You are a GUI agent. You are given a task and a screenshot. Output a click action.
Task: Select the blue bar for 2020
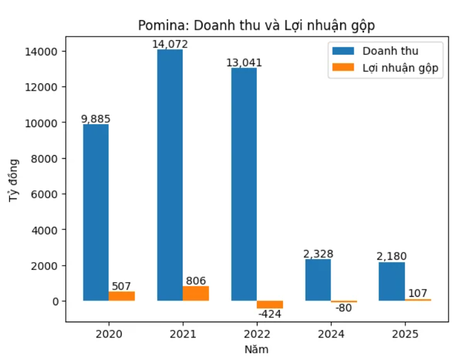96,212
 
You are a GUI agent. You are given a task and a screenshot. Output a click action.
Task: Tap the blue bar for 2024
318,280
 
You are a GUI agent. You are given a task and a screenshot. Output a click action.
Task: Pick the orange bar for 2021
195,293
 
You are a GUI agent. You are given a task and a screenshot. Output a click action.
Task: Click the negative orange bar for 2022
270,304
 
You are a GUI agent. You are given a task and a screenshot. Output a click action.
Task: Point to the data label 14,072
170,44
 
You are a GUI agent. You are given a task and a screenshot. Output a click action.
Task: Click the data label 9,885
96,119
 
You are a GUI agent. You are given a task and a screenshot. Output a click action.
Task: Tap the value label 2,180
391,256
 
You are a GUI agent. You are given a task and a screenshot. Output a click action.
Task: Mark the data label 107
418,293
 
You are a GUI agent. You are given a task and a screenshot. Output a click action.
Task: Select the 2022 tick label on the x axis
257,334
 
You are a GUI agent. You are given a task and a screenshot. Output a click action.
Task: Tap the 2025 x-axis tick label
405,334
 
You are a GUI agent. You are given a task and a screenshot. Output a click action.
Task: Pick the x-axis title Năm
256,349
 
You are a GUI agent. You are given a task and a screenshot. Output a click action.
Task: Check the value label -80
344,308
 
